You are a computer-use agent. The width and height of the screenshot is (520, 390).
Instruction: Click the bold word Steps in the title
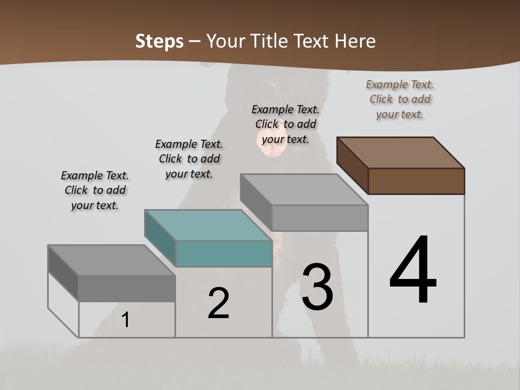(x=159, y=41)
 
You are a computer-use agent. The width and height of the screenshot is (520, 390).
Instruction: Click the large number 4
(x=413, y=271)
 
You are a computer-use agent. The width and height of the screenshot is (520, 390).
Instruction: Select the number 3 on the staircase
(x=317, y=287)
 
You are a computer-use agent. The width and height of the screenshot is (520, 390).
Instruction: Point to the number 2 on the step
(x=218, y=303)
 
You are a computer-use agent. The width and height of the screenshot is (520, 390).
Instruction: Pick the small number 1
(x=126, y=320)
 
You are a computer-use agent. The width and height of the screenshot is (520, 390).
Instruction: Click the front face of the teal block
(x=224, y=253)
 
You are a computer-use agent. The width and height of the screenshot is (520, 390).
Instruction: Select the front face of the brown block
(x=416, y=181)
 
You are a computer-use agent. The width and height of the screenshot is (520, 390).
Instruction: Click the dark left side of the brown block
(x=352, y=165)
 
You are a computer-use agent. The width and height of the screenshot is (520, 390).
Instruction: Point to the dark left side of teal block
(x=160, y=237)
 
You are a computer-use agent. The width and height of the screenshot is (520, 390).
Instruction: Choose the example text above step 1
(x=95, y=191)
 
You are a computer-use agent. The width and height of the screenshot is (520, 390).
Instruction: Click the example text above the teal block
(x=189, y=159)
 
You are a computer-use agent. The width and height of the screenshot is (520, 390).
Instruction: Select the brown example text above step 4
(x=400, y=99)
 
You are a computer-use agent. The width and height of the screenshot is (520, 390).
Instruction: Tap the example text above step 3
(x=285, y=124)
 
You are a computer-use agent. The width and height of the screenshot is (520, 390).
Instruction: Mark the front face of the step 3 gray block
(x=320, y=218)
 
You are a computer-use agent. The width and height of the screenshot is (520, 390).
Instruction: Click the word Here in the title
(x=355, y=41)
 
